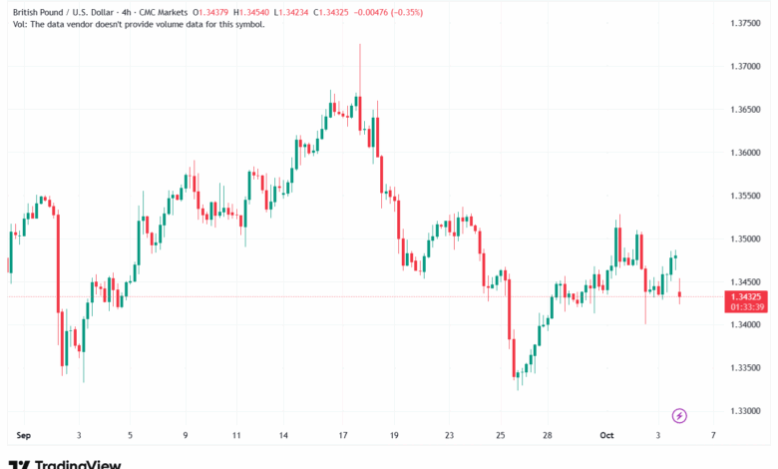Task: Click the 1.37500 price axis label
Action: (745, 23)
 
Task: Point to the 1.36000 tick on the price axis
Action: (745, 153)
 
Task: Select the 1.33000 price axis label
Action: (745, 411)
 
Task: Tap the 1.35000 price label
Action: (745, 238)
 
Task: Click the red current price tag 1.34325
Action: (746, 296)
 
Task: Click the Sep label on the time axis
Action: (24, 435)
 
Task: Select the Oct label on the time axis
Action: (607, 435)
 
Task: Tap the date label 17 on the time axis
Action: (341, 435)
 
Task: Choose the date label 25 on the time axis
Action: (499, 435)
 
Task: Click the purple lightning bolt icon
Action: (679, 415)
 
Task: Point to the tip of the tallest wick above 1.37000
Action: (359, 45)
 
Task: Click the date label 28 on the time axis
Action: (548, 435)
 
